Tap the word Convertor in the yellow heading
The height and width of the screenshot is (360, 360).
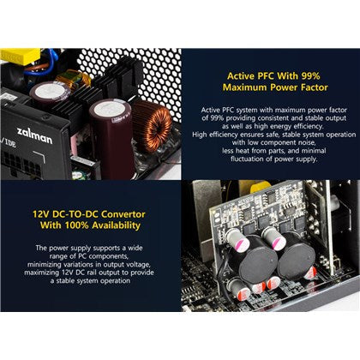(127, 209)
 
